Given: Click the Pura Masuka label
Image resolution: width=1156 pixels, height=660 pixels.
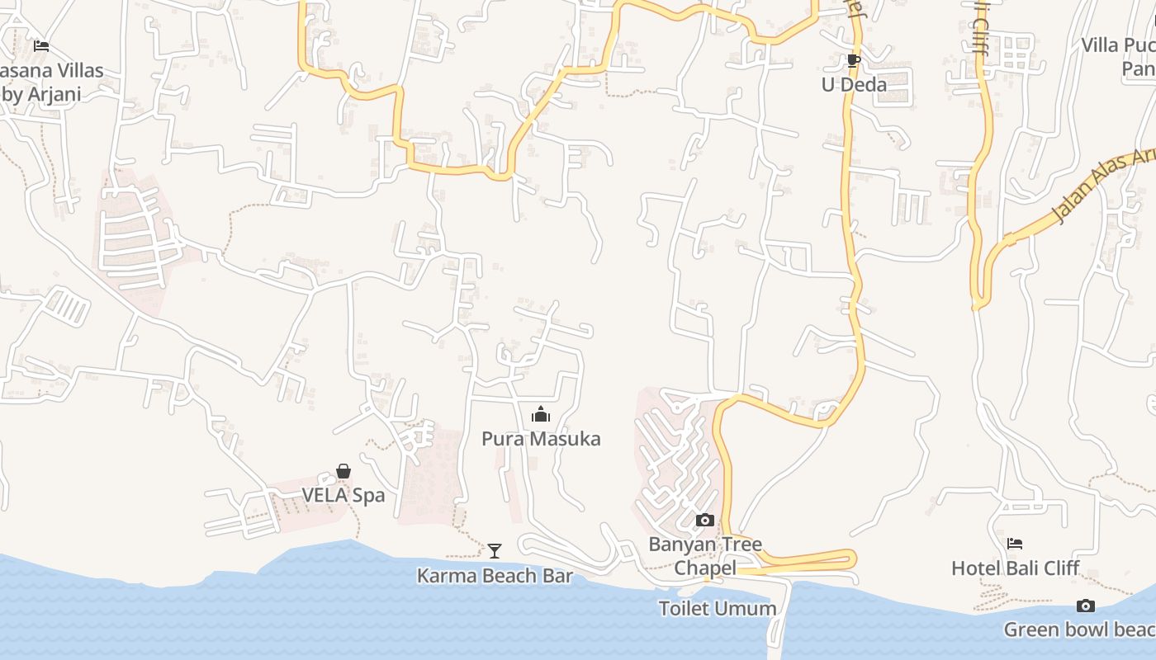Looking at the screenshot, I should coord(541,439).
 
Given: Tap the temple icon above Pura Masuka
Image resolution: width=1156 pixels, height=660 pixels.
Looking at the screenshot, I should coord(541,413).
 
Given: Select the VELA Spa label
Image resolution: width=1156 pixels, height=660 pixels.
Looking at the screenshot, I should coord(343,496).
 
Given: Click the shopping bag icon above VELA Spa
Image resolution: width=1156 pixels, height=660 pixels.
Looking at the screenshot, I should coord(343,471).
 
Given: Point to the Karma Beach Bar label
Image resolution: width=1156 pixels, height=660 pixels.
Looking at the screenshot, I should coord(495,576).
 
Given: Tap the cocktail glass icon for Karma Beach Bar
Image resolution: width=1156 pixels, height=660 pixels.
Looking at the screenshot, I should coord(495,550).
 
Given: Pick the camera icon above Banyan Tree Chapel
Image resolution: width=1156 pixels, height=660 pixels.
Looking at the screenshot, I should coord(705,520).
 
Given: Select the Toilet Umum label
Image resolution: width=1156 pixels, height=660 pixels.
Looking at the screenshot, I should coord(718,609).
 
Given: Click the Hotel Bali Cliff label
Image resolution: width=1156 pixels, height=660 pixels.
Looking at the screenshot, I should coord(1015,568).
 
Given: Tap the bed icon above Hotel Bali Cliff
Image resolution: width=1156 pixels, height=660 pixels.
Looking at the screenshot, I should coord(1015,543).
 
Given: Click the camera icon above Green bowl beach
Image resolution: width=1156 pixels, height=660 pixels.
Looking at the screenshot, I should coord(1086,606).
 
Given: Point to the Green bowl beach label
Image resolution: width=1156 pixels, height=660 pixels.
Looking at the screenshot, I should coord(1079,630).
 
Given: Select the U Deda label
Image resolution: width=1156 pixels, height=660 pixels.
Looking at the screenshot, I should coord(854,84).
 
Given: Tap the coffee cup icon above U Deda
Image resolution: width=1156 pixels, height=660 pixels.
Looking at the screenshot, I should coord(854,60).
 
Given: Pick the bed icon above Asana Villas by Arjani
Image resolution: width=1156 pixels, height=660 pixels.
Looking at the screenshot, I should coord(41,46).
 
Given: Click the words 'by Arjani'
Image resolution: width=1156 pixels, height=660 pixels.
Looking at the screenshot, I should coord(41,94).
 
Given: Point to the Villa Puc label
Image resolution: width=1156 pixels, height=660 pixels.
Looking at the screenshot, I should coord(1119,45).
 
